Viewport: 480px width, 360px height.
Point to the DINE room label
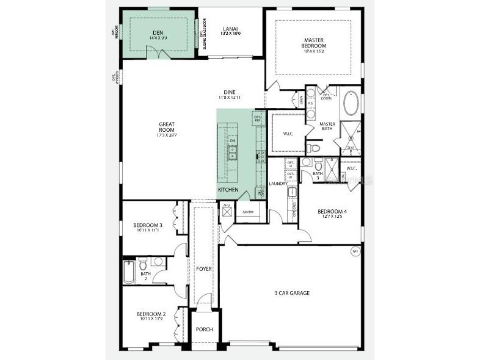230,92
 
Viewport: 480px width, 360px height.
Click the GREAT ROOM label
167,126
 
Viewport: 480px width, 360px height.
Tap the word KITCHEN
228,190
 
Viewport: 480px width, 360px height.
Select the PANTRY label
247,212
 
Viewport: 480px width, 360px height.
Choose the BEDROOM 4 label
331,212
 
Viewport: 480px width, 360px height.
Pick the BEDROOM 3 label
148,225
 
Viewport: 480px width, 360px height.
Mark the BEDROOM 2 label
148,314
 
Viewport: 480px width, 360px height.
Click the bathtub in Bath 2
129,272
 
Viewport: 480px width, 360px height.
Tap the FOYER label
204,268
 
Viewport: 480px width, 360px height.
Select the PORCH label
204,329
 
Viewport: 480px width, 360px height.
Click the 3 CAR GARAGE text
291,293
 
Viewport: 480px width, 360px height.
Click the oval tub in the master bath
351,103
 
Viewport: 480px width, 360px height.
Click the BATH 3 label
318,176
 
